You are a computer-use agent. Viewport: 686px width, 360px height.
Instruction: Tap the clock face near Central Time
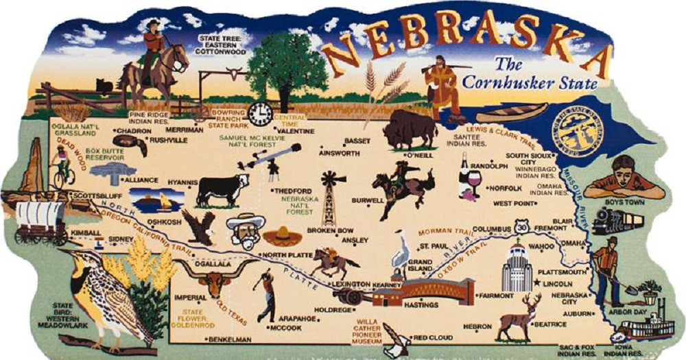point(261,114)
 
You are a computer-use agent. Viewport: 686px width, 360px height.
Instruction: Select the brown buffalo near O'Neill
point(410,130)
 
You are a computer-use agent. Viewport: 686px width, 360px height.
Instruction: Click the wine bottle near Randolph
point(464,175)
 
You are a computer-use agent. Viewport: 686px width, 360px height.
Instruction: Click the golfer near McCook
point(265,296)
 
